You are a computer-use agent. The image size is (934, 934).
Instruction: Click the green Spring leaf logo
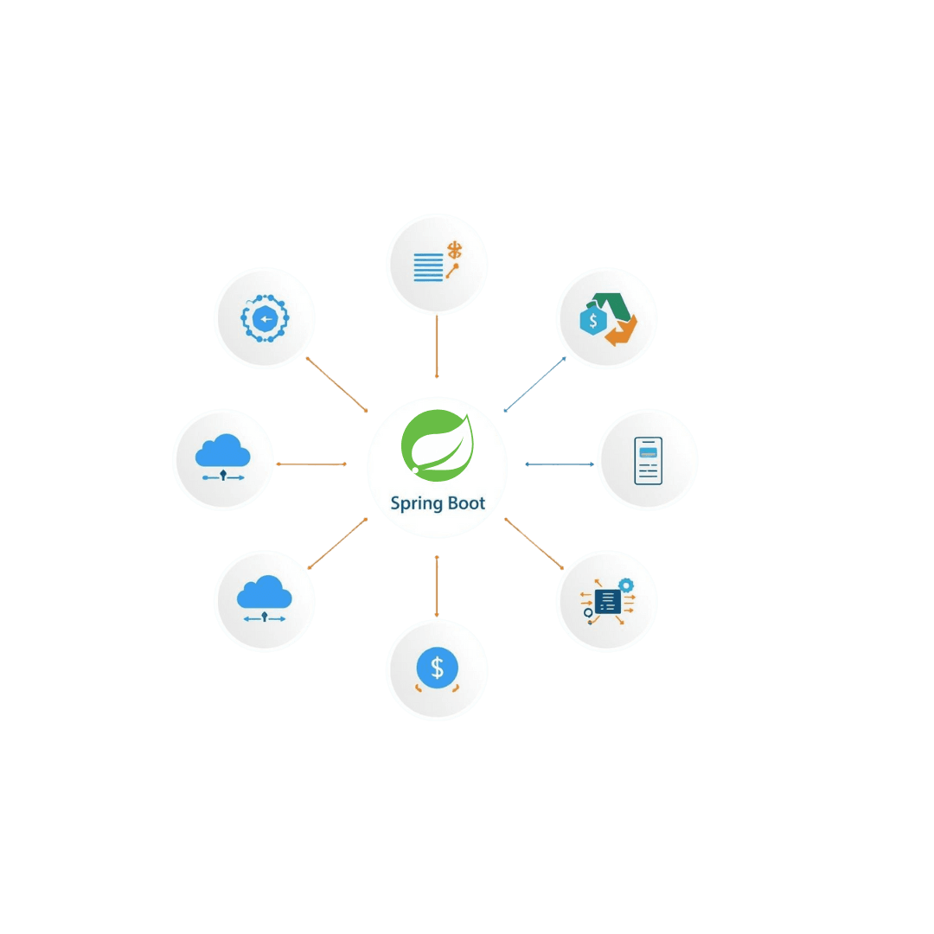coord(438,443)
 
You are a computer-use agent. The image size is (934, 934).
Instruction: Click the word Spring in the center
coord(417,503)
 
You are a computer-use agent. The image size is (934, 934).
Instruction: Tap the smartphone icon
coord(648,460)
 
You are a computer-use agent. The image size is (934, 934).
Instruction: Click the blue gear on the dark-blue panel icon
coord(625,585)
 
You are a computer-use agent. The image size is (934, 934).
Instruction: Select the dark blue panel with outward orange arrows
coord(608,600)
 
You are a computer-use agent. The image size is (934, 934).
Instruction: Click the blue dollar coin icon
coord(437,668)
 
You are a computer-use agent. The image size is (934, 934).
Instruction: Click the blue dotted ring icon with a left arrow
coord(265,319)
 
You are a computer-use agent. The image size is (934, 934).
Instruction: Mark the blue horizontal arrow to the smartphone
coord(560,464)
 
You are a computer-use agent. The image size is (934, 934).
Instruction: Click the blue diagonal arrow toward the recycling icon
coord(534,384)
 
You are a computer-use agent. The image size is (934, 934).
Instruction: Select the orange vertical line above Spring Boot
coord(437,346)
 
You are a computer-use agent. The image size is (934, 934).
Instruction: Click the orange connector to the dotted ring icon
coord(337,384)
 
